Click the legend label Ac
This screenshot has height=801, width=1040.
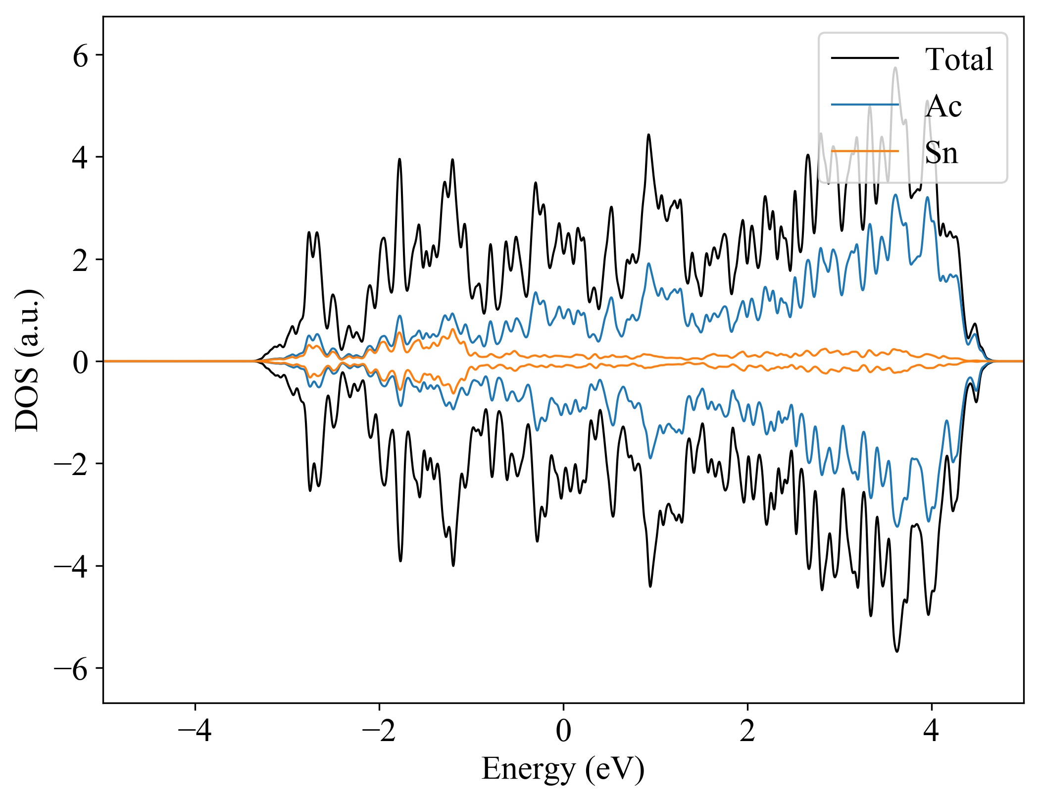pos(943,106)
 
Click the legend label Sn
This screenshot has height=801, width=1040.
pos(941,153)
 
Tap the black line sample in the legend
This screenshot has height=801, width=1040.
pos(864,58)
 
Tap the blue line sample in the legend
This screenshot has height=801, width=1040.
pos(864,105)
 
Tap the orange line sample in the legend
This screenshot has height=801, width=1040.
pos(864,151)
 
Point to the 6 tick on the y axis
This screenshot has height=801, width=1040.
pos(80,56)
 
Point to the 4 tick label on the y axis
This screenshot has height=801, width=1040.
pos(80,158)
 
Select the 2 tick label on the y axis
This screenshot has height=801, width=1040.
pos(80,260)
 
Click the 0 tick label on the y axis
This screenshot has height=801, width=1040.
pos(80,362)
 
